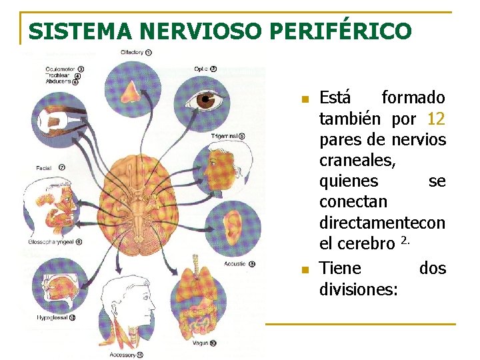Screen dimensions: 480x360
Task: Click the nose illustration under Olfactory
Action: point(130,87)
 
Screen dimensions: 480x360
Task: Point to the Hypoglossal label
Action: point(53,318)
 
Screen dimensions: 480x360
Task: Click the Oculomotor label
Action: point(60,69)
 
